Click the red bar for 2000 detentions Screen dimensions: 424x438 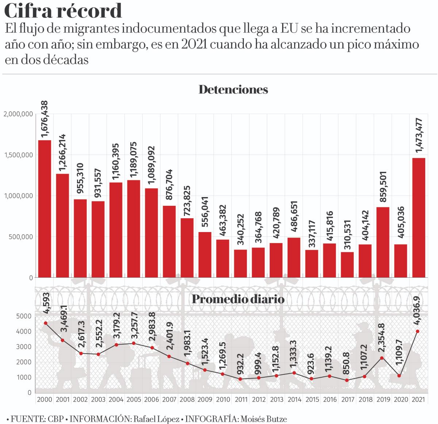[45, 209]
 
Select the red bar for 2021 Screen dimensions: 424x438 [418, 217]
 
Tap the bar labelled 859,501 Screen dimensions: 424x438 [383, 242]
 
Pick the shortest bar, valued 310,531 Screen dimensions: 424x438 [347, 265]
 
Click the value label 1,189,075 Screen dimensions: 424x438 [134, 159]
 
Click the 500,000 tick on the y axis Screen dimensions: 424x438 [20, 237]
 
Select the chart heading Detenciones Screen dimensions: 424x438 [233, 89]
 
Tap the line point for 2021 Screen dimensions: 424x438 [418, 331]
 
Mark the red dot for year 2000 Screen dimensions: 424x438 [45, 323]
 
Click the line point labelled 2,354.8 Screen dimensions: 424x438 [382, 358]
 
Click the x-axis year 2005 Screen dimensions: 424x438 [134, 400]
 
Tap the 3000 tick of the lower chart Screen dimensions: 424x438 [24, 347]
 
